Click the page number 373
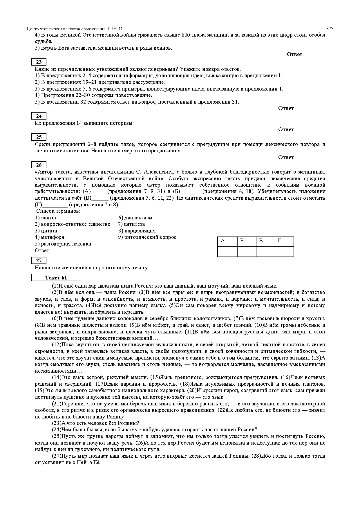click(x=330, y=29)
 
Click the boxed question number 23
click(x=39, y=62)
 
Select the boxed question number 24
click(x=39, y=116)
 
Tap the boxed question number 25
click(x=39, y=137)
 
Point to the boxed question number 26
click(x=39, y=165)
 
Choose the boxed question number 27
click(x=39, y=261)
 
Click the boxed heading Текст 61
click(x=56, y=278)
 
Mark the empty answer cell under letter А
click(x=227, y=252)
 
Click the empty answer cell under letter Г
click(x=284, y=252)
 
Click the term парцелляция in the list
click(x=140, y=231)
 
